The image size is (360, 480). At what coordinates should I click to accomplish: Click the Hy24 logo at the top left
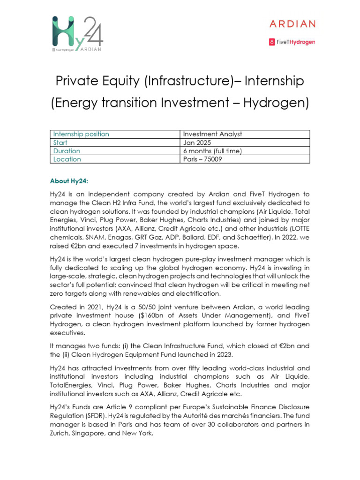coord(77,34)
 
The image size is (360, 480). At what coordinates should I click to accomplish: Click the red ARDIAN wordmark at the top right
coord(292,24)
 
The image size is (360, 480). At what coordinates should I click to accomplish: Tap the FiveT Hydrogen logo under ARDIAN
coord(292,42)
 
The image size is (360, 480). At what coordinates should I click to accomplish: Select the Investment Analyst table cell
coord(212,134)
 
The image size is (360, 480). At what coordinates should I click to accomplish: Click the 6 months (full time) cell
coord(212,151)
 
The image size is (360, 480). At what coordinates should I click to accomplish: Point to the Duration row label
coord(67,151)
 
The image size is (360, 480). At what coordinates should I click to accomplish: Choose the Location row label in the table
coord(67,159)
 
